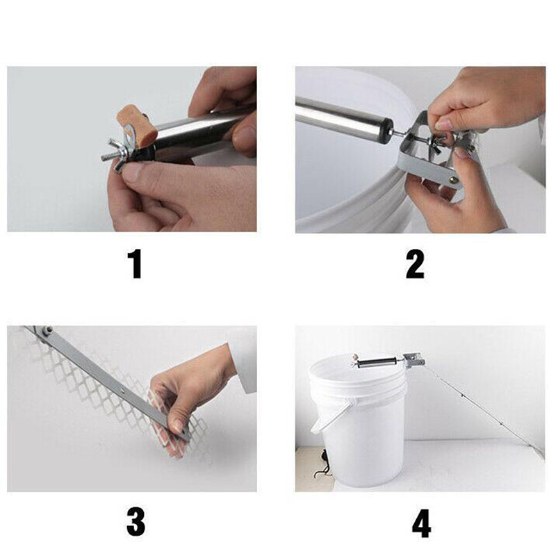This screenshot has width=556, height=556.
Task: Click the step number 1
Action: click(136, 264)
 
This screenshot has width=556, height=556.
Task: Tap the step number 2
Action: click(415, 264)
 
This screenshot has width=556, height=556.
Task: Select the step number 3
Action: click(136, 523)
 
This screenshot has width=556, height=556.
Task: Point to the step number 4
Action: click(421, 523)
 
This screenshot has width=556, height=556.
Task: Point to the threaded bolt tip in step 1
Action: click(105, 157)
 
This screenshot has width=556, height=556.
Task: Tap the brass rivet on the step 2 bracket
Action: click(455, 180)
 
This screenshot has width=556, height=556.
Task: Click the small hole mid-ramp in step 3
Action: click(122, 391)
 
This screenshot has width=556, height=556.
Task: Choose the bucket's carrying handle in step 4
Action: click(329, 416)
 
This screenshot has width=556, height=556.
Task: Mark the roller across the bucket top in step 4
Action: click(377, 363)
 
